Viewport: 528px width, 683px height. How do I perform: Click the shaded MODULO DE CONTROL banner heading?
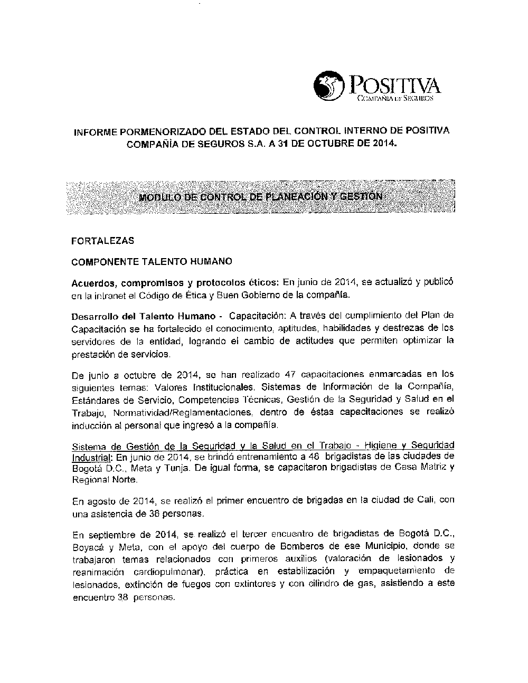(x=260, y=197)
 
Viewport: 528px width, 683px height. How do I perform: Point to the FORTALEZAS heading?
(x=102, y=241)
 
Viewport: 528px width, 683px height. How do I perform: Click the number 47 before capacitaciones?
(x=289, y=375)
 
